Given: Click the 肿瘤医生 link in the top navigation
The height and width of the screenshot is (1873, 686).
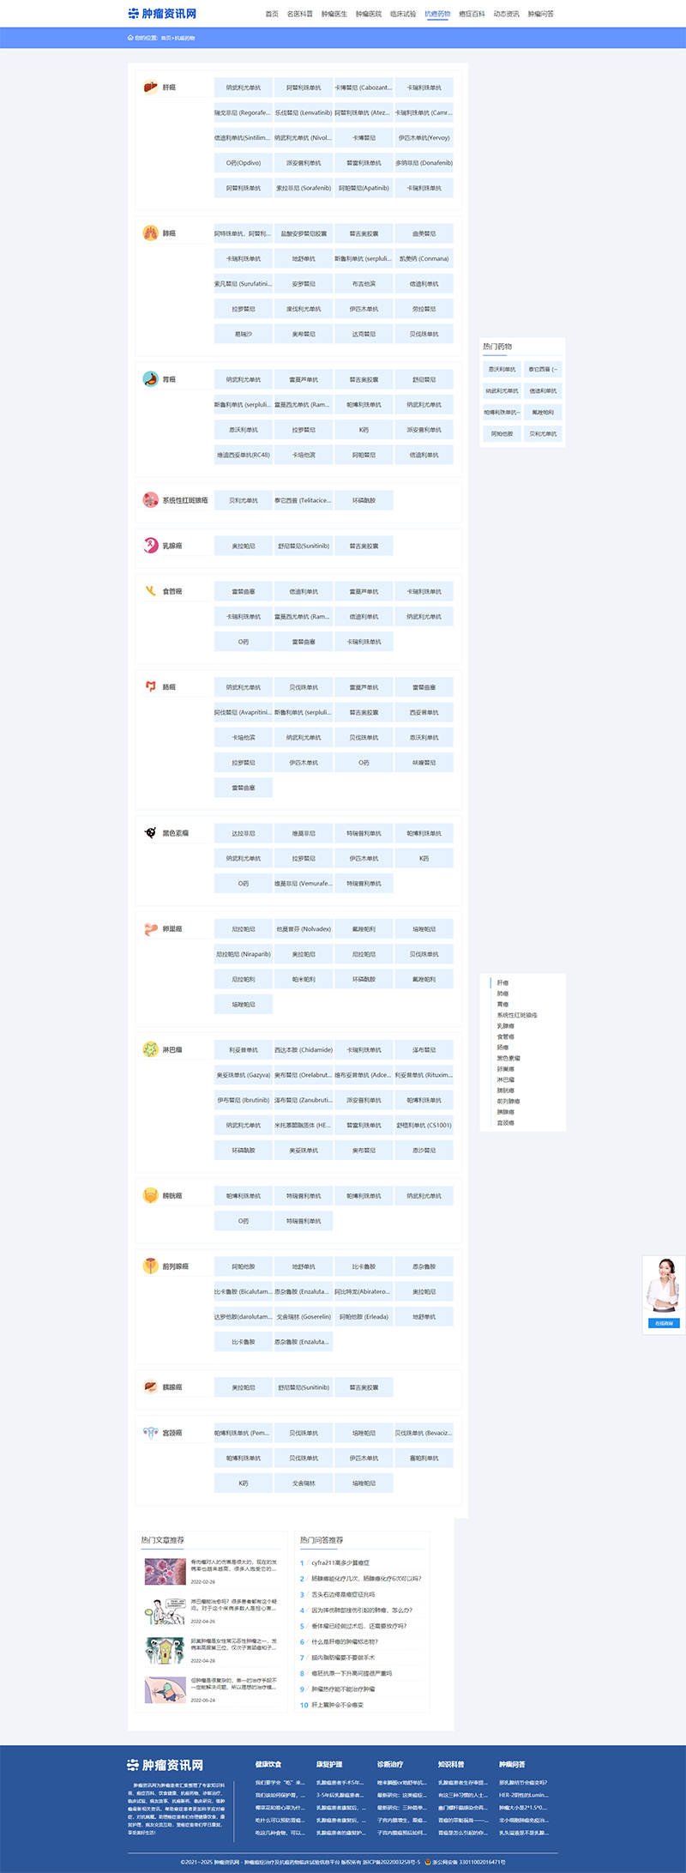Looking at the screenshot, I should click(x=334, y=14).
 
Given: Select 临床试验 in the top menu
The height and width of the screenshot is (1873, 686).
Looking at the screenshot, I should click(x=403, y=14).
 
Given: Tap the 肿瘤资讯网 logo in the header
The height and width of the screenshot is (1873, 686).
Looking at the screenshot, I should click(x=163, y=14).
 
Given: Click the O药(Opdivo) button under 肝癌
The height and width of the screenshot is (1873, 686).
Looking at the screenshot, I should click(x=244, y=163).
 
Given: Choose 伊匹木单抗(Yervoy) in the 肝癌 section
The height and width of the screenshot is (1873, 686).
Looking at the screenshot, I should click(x=424, y=138).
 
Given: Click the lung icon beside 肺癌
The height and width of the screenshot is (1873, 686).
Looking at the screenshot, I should click(x=150, y=233).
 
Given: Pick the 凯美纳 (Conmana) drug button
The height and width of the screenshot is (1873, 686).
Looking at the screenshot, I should click(x=424, y=259).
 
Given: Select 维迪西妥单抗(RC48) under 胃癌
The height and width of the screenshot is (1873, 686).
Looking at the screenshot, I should click(x=244, y=456).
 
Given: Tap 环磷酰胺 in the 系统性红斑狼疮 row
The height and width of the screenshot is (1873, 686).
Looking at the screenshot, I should click(x=364, y=501).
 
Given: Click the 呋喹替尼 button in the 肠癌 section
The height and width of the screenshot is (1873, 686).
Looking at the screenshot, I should click(x=424, y=763).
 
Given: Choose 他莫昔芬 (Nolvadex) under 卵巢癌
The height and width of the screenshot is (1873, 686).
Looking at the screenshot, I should click(x=304, y=929).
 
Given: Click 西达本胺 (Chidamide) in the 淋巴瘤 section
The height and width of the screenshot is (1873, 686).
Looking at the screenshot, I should click(x=304, y=1050).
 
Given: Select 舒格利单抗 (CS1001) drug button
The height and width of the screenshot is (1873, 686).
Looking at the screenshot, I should click(x=424, y=1126).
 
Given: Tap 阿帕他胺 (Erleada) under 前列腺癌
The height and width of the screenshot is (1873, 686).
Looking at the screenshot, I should click(x=364, y=1317).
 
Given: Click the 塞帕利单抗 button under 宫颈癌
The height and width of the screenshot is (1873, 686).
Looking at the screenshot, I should click(x=424, y=1459).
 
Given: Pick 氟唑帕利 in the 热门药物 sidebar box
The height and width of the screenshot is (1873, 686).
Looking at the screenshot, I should click(x=543, y=413).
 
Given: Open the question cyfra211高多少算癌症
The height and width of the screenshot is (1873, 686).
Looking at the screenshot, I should click(x=340, y=1563).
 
